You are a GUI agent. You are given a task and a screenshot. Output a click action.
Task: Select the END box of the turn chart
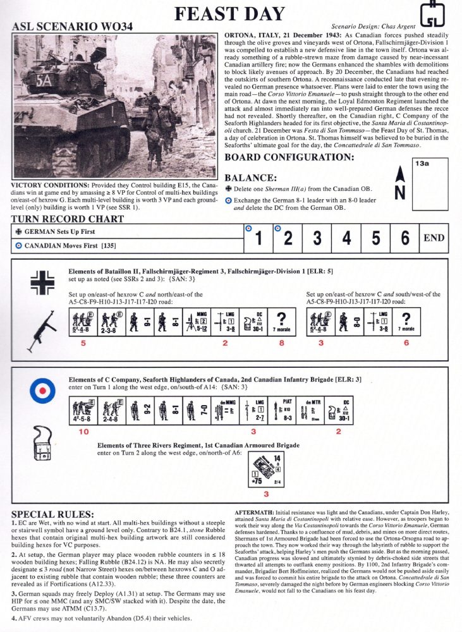pos(434,239)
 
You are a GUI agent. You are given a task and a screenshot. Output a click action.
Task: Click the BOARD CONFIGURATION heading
pos(289,157)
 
